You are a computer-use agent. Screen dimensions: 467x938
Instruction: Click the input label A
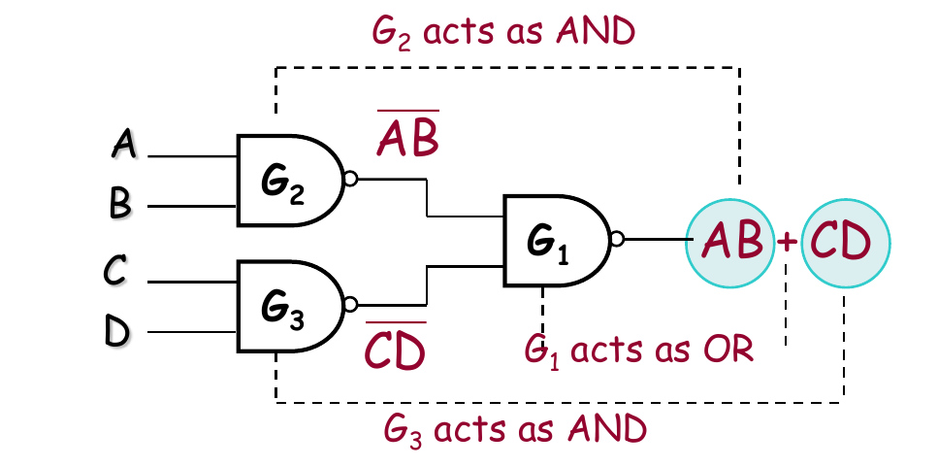tap(124, 147)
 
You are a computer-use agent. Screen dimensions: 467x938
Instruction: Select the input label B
tap(121, 204)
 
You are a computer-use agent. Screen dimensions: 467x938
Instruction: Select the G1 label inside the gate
tap(549, 243)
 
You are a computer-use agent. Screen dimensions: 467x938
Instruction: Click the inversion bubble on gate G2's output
tap(351, 179)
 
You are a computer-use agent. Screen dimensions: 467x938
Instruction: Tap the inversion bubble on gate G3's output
tap(351, 302)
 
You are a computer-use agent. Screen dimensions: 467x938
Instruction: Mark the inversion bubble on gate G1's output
tap(616, 240)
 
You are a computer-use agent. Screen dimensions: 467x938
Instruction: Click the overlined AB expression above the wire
tap(407, 139)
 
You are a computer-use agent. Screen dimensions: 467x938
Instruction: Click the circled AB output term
tap(731, 240)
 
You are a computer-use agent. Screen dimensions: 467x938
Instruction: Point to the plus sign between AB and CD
tap(788, 242)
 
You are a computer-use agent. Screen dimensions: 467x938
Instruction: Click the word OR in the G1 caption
tap(728, 350)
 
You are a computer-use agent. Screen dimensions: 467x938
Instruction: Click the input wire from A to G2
tap(194, 156)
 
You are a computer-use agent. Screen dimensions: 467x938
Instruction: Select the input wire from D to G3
tap(194, 330)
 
